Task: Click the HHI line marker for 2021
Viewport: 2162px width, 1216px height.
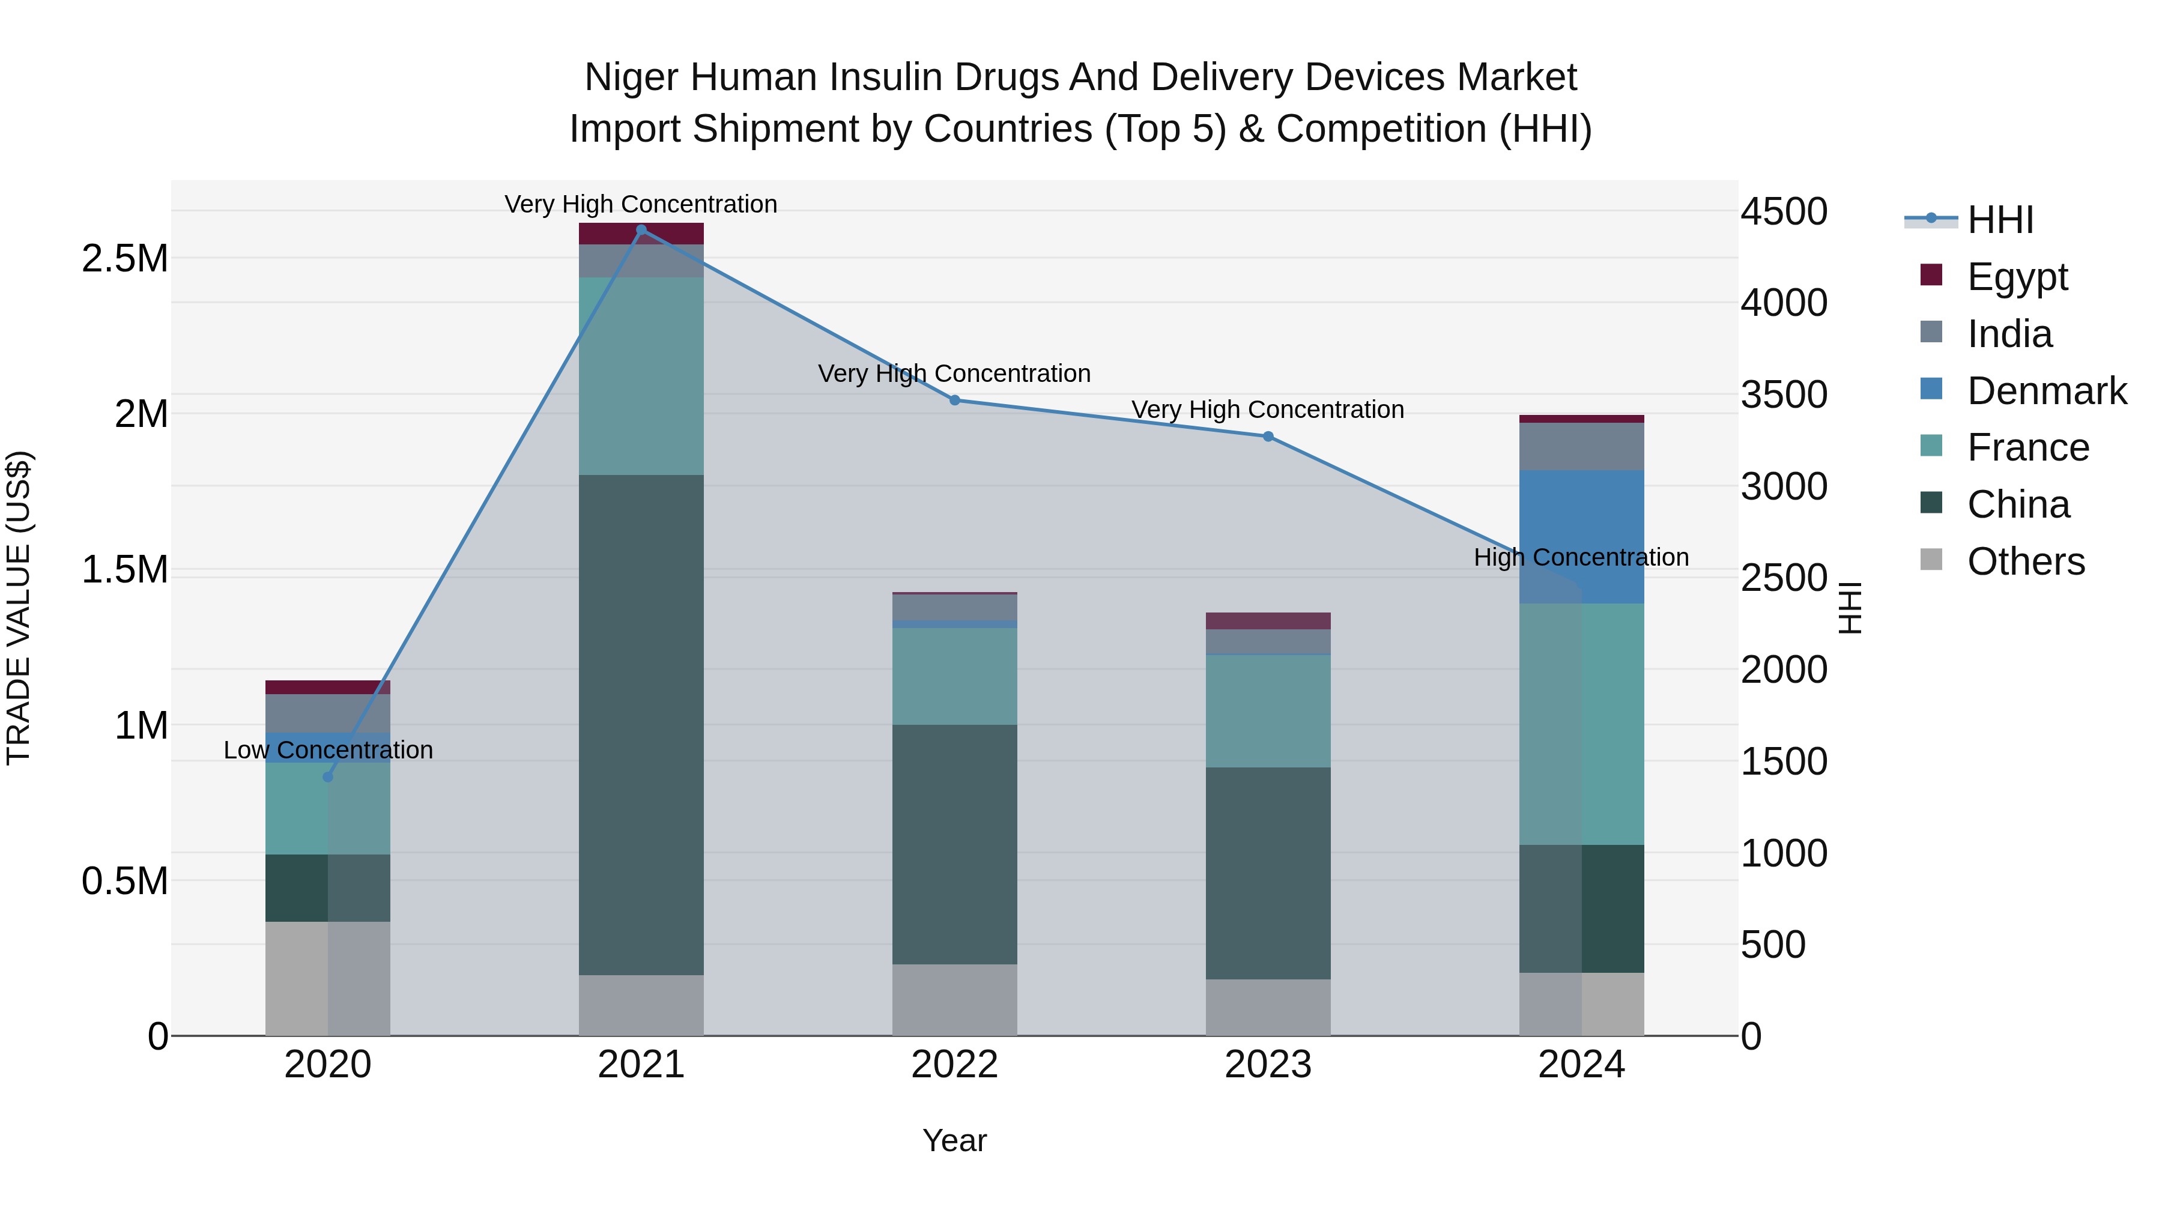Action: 641,230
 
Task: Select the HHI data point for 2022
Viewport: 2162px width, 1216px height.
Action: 954,401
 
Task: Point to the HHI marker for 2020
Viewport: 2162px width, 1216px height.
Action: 328,777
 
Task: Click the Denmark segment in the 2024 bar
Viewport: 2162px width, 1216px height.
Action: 1581,537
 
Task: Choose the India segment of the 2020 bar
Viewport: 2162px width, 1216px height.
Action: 328,713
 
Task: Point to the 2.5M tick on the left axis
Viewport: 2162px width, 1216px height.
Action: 124,258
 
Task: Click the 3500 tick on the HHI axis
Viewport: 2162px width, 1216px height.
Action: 1784,395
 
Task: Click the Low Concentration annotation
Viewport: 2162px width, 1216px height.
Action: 328,749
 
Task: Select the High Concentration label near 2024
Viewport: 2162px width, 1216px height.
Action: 1581,557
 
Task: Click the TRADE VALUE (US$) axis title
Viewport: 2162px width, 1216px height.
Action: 19,608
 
